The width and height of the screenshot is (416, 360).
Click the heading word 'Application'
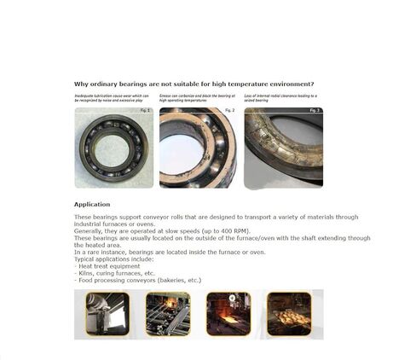coord(91,205)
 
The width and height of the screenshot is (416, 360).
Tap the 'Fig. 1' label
coord(144,110)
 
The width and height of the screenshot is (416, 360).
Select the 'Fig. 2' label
coord(228,110)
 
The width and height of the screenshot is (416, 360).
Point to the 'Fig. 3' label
coord(315,110)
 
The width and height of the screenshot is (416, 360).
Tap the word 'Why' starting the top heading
coord(81,84)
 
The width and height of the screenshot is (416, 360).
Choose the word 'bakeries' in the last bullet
coord(176,280)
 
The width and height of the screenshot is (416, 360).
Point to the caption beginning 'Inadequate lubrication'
coord(111,98)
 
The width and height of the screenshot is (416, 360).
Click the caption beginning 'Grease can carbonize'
coord(196,98)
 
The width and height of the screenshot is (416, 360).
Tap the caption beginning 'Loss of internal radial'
coord(280,98)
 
